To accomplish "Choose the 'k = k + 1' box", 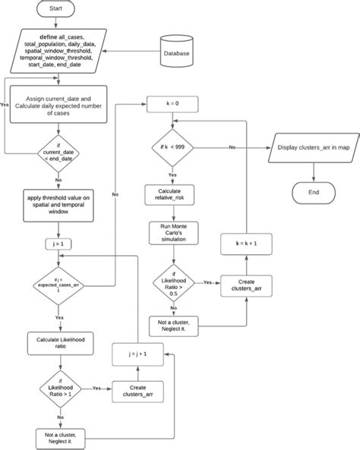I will [x=248, y=244].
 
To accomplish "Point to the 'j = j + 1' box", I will [x=137, y=353].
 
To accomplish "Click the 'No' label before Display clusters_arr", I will [x=232, y=146].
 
